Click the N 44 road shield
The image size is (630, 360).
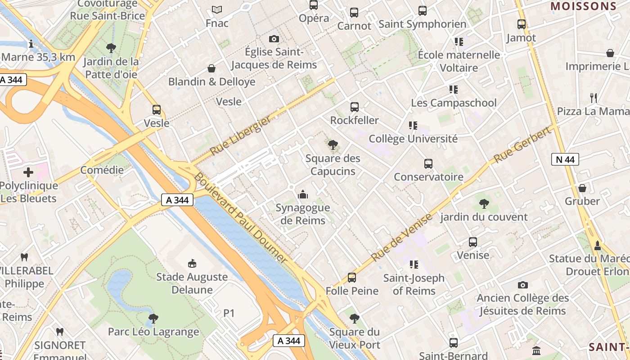565,159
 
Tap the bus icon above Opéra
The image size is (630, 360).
314,5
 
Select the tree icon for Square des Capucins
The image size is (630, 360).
333,145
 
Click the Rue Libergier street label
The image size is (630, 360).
241,135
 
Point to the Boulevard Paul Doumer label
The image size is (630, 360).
240,218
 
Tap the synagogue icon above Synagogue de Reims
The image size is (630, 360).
303,194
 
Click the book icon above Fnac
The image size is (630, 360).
217,9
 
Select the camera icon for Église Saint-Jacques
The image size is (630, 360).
274,39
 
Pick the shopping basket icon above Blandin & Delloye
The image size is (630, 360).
211,68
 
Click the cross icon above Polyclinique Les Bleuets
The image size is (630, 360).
28,172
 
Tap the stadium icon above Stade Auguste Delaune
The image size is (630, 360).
192,263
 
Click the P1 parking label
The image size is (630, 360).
229,313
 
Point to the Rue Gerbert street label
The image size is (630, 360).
522,145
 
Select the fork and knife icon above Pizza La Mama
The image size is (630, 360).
594,98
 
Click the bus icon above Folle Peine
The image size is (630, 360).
352,278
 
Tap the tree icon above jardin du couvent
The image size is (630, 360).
484,204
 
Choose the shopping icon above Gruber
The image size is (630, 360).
582,188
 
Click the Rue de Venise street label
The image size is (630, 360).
401,238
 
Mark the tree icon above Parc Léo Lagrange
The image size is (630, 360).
153,319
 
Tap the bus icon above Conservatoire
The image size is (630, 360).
428,164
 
